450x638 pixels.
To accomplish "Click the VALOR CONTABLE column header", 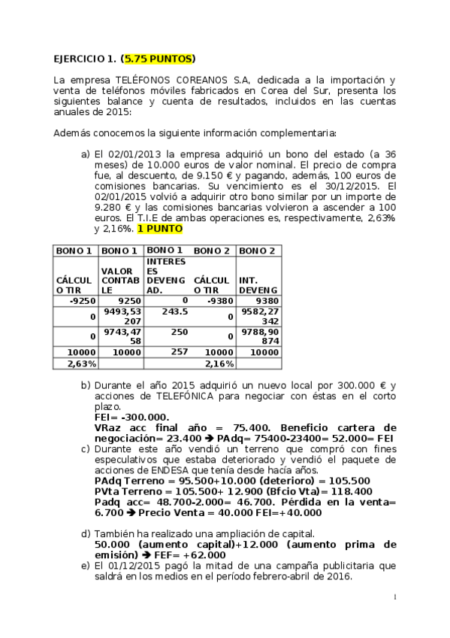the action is (x=119, y=279).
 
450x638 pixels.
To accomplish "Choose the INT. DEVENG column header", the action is (x=258, y=284).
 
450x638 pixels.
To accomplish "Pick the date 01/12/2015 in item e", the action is (x=134, y=565).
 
